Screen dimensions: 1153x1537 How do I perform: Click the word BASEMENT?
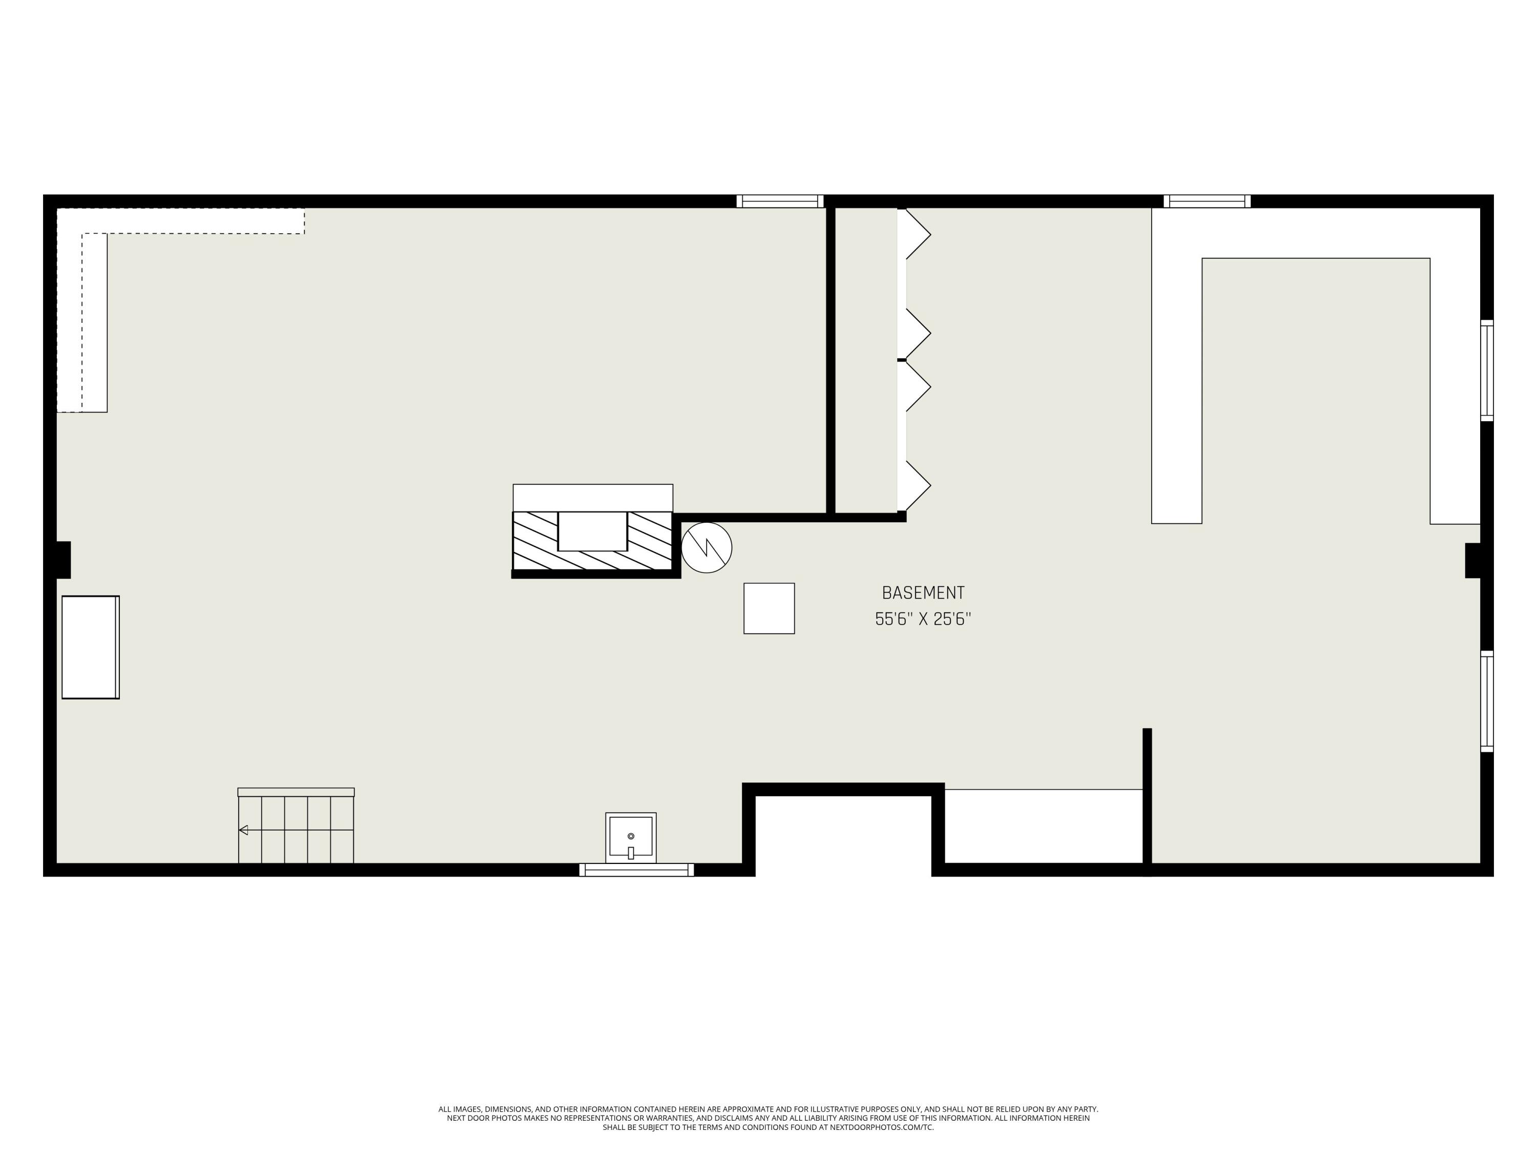(x=923, y=593)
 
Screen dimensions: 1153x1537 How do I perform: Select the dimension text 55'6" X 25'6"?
(x=923, y=619)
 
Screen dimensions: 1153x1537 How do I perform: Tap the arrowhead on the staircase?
(x=243, y=830)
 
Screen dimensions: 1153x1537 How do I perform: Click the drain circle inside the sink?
(x=631, y=836)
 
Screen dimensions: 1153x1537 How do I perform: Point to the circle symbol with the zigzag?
(x=706, y=548)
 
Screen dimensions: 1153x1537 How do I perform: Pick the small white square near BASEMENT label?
(x=768, y=608)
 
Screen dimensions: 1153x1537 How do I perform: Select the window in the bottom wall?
(x=636, y=870)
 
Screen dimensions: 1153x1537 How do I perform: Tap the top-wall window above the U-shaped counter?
(x=1207, y=201)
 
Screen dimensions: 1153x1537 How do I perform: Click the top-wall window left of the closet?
(x=780, y=201)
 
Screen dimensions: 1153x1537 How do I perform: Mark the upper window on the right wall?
(x=1486, y=370)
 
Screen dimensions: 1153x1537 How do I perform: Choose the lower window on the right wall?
(x=1486, y=701)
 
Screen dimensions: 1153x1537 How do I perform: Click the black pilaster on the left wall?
(x=63, y=560)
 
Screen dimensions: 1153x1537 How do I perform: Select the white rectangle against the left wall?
(x=90, y=647)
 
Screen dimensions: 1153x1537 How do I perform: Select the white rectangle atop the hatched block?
(x=593, y=498)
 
